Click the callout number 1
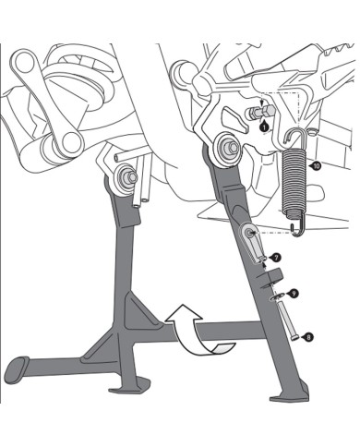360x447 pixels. (x=265, y=120)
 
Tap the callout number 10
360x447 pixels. (x=317, y=166)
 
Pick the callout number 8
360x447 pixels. (x=307, y=338)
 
